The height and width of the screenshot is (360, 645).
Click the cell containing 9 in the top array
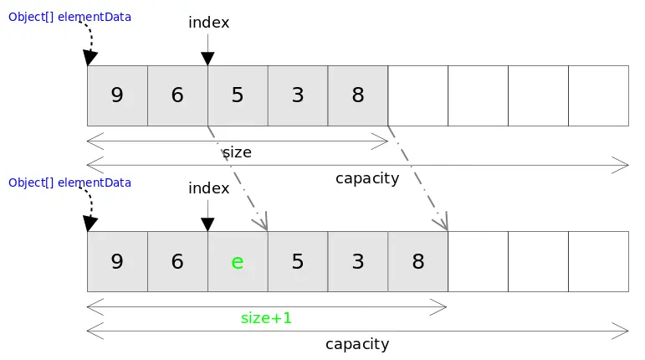(x=117, y=95)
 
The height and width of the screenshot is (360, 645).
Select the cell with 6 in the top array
(x=177, y=95)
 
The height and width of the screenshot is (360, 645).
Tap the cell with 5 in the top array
(x=238, y=95)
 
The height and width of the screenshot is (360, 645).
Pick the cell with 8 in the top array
(x=358, y=95)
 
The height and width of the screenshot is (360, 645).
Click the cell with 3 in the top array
(x=298, y=95)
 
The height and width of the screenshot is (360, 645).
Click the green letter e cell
(x=238, y=261)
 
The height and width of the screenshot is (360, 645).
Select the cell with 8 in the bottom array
(x=418, y=261)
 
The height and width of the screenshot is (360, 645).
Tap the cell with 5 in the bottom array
(x=298, y=261)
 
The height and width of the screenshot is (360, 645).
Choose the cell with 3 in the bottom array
(x=358, y=261)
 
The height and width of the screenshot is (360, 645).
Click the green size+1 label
(x=266, y=318)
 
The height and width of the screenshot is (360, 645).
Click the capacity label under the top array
(x=366, y=178)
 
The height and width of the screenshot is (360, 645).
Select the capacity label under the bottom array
(x=357, y=344)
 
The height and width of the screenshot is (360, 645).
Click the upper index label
(x=208, y=23)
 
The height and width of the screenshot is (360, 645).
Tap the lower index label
(x=208, y=188)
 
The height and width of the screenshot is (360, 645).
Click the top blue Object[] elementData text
(x=69, y=16)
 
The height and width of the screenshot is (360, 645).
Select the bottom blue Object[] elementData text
(x=69, y=182)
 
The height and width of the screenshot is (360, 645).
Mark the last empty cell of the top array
(x=598, y=95)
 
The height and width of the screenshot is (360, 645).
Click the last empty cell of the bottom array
(x=598, y=261)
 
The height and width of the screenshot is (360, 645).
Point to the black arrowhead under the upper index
(x=207, y=58)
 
